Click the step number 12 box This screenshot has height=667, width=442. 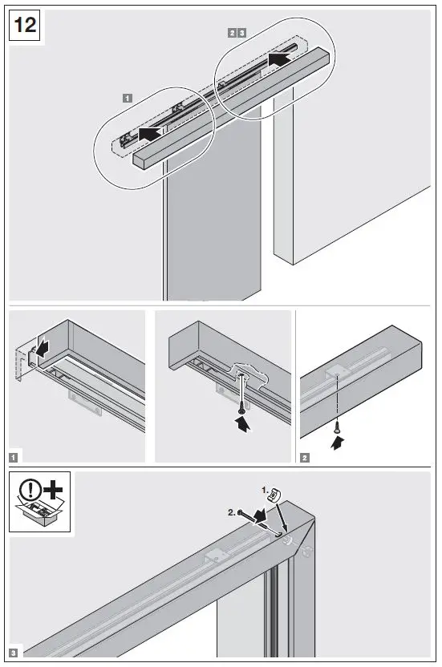pos(26,26)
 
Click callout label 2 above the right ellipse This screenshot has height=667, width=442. pos(232,33)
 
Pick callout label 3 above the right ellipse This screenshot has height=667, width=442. pos(241,33)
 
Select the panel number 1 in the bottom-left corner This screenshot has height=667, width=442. pos(14,457)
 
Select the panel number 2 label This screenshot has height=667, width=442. pos(305,457)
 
